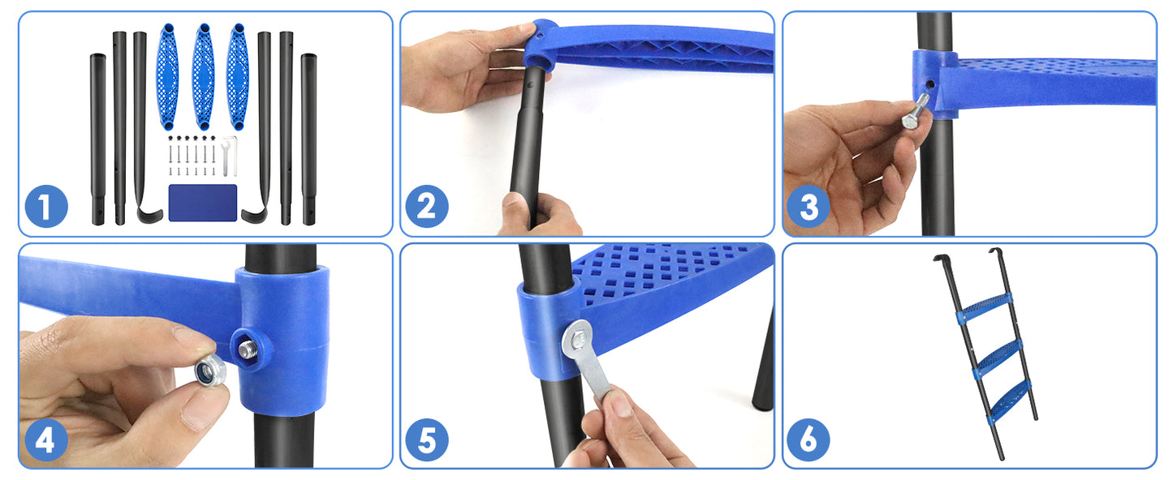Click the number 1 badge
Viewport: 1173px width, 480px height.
click(x=46, y=207)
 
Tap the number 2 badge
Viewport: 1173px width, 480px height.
click(x=426, y=207)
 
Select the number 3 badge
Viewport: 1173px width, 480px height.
click(x=809, y=207)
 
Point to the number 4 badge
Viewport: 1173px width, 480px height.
click(x=46, y=440)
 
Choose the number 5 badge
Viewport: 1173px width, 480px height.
click(x=426, y=440)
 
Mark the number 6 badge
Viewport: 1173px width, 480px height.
click(x=809, y=440)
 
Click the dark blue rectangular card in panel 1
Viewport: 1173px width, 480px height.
click(x=202, y=203)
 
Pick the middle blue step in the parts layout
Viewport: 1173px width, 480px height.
click(x=203, y=77)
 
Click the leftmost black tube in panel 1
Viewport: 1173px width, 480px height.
click(x=97, y=138)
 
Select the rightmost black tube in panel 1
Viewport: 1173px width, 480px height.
click(x=308, y=138)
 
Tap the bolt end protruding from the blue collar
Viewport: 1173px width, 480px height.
click(x=245, y=349)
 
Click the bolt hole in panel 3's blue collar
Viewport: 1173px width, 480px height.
click(x=930, y=83)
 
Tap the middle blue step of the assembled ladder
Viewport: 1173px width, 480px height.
click(x=996, y=355)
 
